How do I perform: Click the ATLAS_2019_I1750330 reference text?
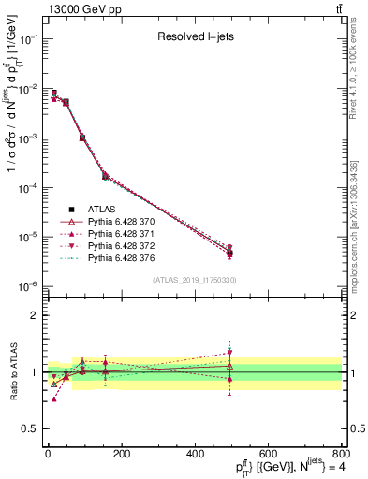point(195,280)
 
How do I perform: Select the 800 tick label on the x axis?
point(340,455)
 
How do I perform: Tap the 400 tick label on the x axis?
point(194,455)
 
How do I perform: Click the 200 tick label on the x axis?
point(121,455)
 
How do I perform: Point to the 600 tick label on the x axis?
point(267,455)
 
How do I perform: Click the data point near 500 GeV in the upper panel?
point(229,253)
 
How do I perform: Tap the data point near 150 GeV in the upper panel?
point(105,175)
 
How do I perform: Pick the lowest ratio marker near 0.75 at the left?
point(53,399)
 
